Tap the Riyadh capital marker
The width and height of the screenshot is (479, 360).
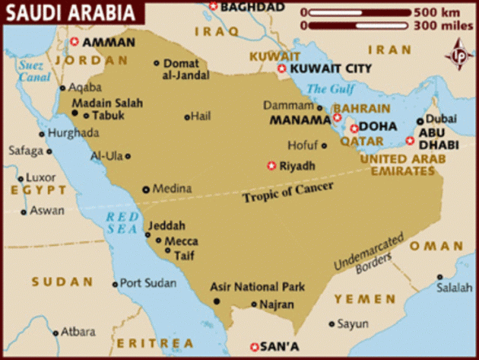[x=271, y=165]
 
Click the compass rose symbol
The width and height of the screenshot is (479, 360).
[x=458, y=56]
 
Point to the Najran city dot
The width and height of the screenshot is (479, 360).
[x=255, y=304]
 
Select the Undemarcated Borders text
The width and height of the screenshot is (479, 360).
[x=364, y=260]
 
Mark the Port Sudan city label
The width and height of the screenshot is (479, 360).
[x=148, y=283]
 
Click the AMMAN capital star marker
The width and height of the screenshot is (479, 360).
[x=75, y=43]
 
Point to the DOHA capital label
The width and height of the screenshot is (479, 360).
[x=377, y=128]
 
